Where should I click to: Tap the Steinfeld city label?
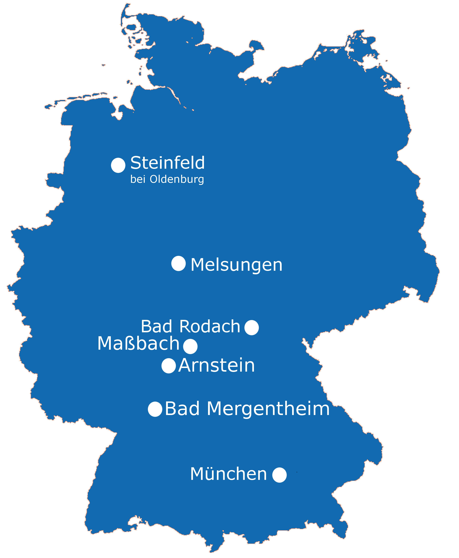point(167,163)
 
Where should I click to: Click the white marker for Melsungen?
point(179,263)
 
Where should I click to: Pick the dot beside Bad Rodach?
point(251,328)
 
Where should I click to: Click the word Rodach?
point(210,327)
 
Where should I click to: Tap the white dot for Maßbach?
point(190,346)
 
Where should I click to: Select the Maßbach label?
point(138,344)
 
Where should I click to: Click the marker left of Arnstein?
point(169,366)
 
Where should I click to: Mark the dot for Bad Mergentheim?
point(155,409)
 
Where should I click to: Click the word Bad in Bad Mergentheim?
point(182,409)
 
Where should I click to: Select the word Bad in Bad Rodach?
point(156,327)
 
